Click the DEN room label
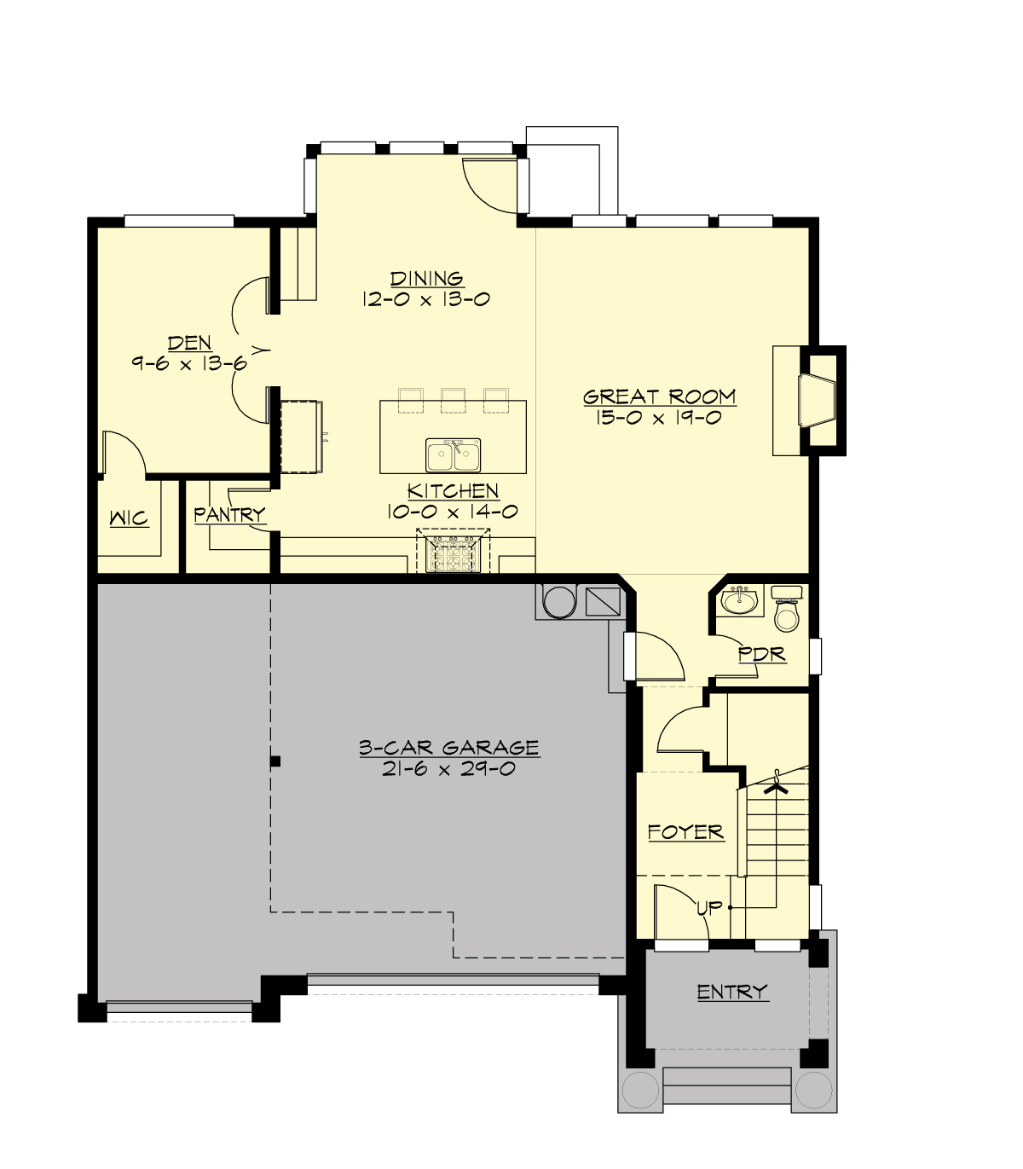click(x=189, y=343)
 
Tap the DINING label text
click(x=426, y=278)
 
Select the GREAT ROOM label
click(x=659, y=396)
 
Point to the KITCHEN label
click(x=453, y=491)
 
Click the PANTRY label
click(x=228, y=514)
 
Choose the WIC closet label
click(x=128, y=518)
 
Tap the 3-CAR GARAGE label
click(x=448, y=748)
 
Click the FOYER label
click(x=685, y=831)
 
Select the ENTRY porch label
click(x=732, y=992)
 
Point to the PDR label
click(x=761, y=654)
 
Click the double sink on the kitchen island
click(x=454, y=455)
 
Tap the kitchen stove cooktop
click(x=453, y=553)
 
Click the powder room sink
click(x=738, y=600)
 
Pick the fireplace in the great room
click(x=817, y=400)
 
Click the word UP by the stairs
click(x=709, y=908)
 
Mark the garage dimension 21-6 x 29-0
click(x=448, y=769)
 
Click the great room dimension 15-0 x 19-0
click(x=659, y=418)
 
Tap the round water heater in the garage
click(x=558, y=601)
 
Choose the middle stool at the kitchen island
click(x=453, y=399)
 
